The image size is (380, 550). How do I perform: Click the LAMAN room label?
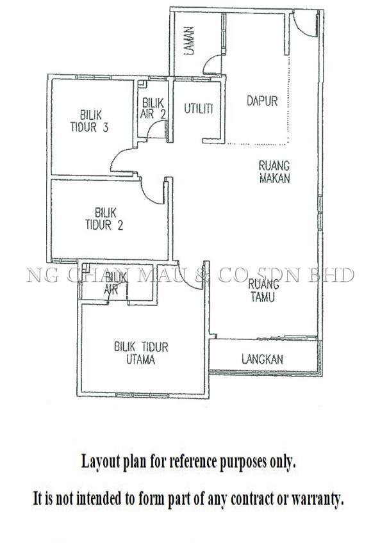point(189,41)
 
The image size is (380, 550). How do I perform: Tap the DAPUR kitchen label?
point(262,101)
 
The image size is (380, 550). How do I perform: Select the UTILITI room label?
point(199,109)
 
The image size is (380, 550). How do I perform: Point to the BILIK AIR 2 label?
point(153,108)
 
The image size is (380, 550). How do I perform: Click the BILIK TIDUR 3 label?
point(90,121)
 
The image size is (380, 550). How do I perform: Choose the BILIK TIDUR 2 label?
point(104,218)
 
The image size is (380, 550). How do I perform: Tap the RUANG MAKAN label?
point(274,172)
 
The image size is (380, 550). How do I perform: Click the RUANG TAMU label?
point(263,291)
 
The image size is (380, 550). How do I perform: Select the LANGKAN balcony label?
point(262,359)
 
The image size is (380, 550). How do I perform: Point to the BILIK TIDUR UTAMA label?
point(141,353)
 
